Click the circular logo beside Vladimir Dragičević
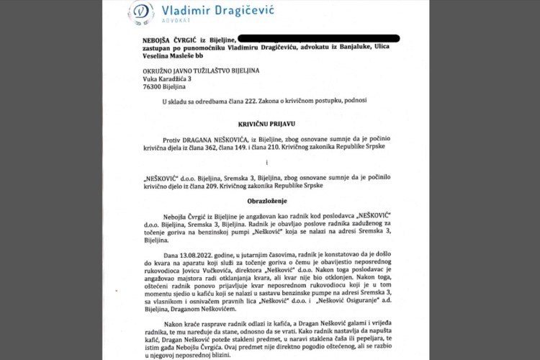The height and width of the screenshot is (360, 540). [140, 13]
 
